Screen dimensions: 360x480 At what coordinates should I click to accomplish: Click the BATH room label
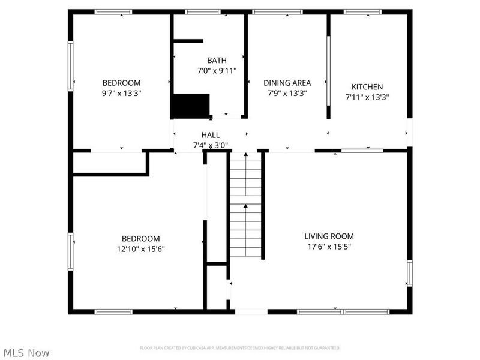[x=217, y=60]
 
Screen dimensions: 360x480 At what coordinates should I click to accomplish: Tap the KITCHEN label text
[x=367, y=86]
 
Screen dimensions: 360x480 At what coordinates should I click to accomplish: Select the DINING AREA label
[x=287, y=83]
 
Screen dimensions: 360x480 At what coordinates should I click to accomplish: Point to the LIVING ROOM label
[x=329, y=236]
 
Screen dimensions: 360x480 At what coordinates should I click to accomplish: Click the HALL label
[x=210, y=135]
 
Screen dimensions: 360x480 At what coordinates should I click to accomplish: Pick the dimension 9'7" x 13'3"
[x=121, y=93]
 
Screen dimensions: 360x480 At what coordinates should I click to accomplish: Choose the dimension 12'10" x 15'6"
[x=140, y=248]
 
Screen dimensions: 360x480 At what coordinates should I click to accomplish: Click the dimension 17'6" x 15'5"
[x=329, y=246]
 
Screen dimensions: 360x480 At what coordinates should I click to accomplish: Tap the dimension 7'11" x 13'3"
[x=367, y=97]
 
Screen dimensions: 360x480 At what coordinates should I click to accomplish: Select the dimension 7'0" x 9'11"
[x=217, y=70]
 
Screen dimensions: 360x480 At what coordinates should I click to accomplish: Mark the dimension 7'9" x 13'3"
[x=287, y=93]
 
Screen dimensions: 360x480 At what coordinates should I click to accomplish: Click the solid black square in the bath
[x=191, y=106]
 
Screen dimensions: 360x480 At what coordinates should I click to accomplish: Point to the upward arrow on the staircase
[x=245, y=206]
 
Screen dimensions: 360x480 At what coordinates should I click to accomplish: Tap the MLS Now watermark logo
[x=25, y=353]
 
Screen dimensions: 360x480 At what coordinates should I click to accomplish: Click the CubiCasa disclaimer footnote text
[x=240, y=348]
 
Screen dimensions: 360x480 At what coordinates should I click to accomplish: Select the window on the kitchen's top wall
[x=362, y=11]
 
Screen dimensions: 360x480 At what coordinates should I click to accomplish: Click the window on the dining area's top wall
[x=277, y=11]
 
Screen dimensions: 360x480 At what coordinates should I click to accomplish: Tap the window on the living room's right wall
[x=410, y=273]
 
